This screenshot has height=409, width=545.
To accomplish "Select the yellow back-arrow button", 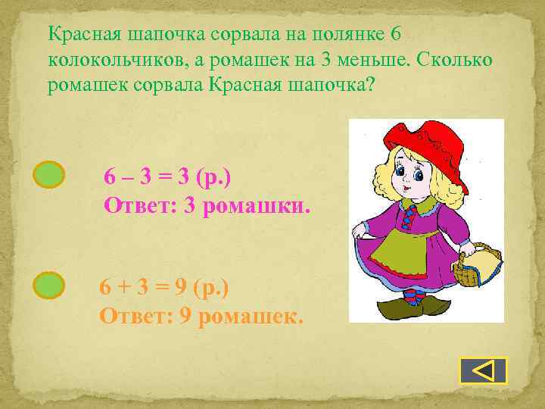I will point(483,370).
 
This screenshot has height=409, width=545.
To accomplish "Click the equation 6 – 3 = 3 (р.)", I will point(167,177).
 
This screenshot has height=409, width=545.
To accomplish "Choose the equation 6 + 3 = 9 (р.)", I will point(164,289).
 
